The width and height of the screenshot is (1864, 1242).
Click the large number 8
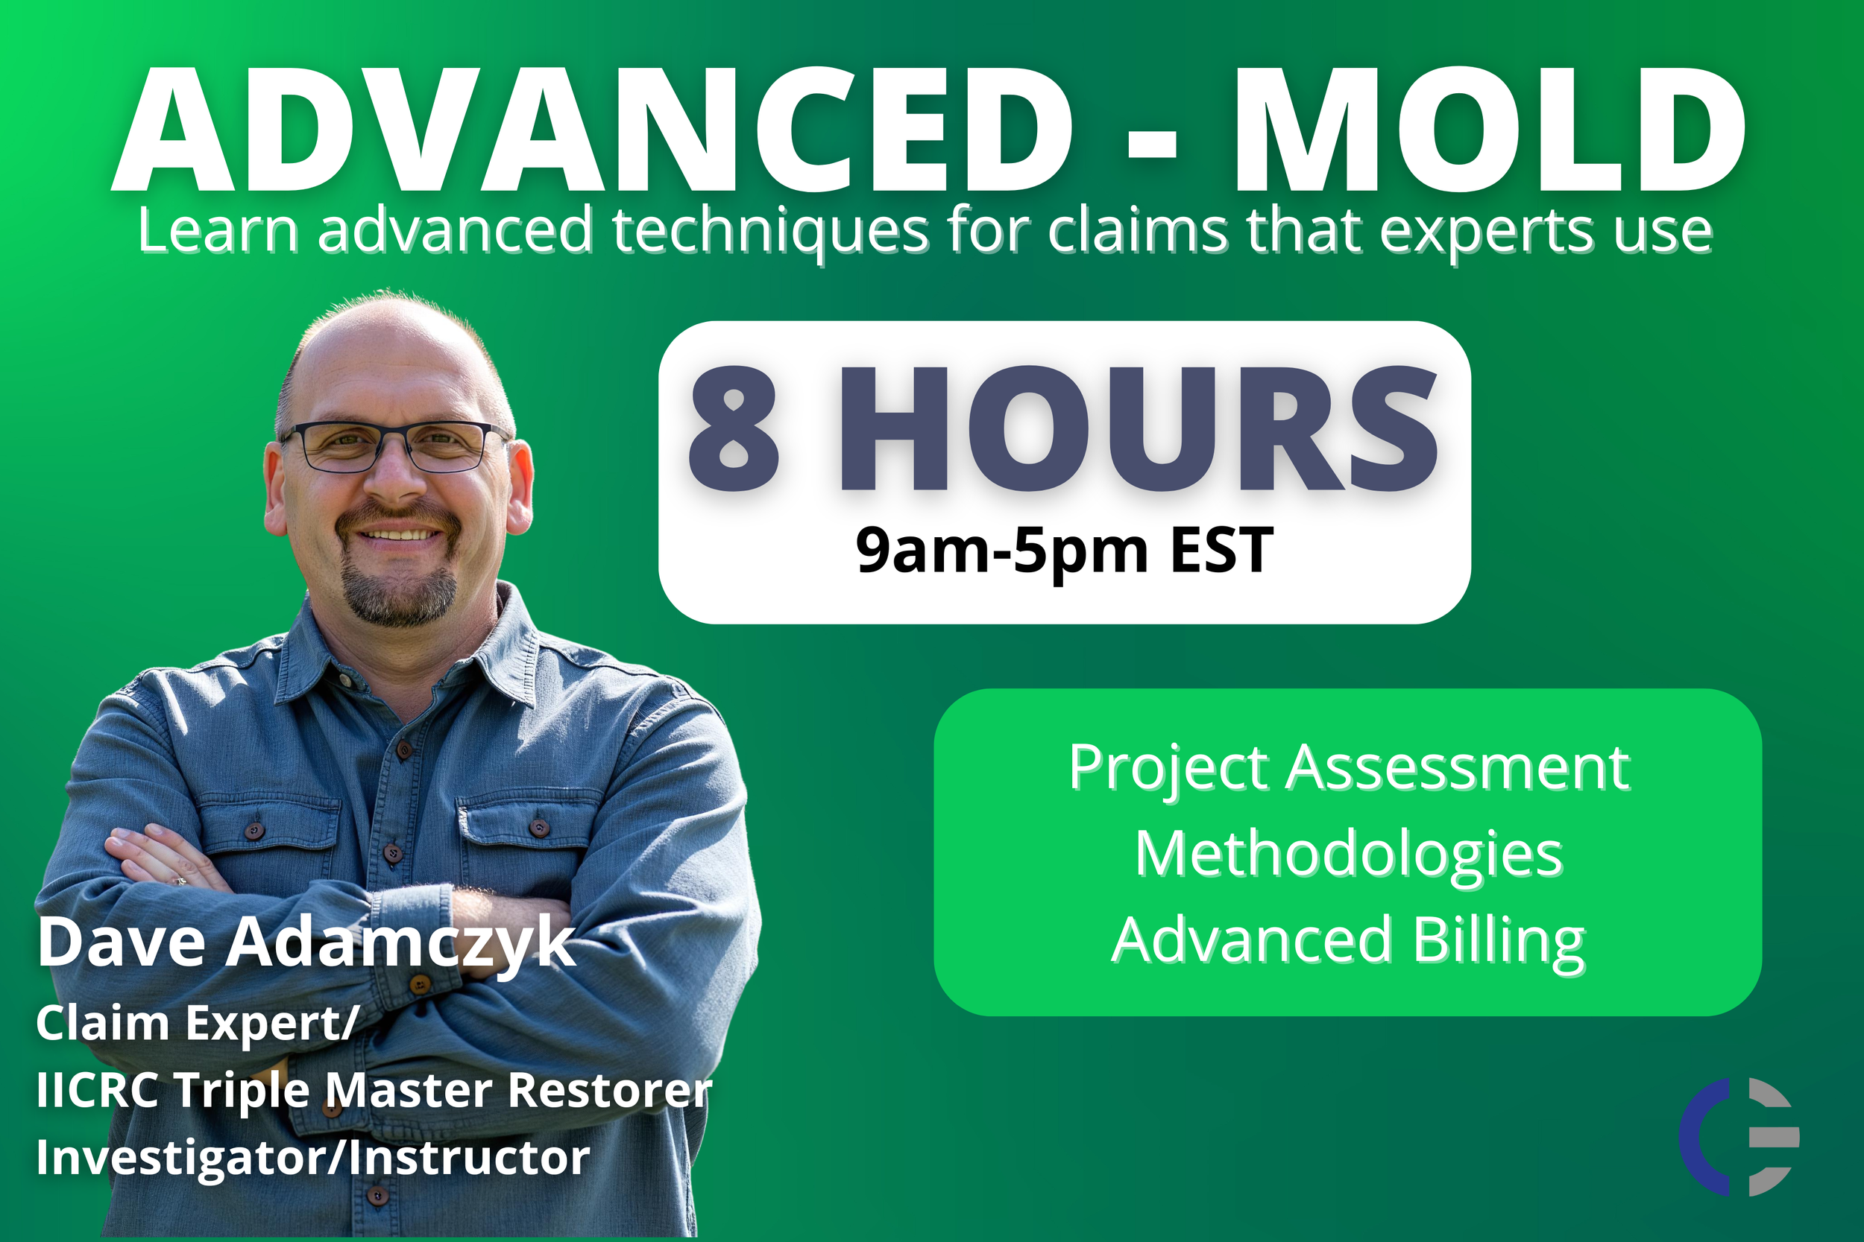coord(733,429)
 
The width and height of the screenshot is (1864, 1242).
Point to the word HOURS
coord(1138,429)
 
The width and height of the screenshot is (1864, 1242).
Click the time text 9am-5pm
coord(1002,551)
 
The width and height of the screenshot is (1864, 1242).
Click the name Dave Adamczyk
coord(306,942)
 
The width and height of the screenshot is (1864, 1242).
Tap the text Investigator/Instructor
coord(313,1157)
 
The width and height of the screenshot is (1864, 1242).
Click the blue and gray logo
coord(1739,1137)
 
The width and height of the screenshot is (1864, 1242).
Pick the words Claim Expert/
coord(197,1023)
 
